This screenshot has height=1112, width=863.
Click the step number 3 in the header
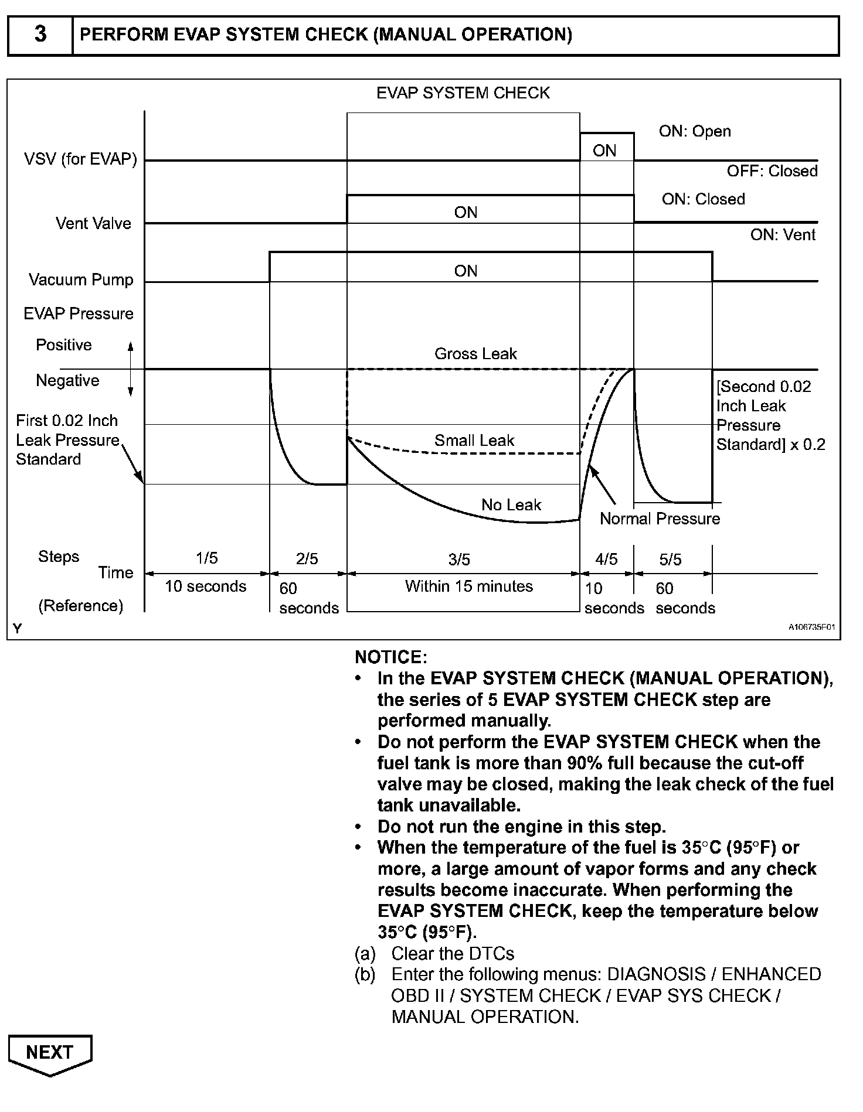pyautogui.click(x=40, y=35)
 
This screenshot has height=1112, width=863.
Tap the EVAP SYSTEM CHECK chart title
pyautogui.click(x=463, y=93)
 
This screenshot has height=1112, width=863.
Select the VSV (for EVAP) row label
pyautogui.click(x=80, y=159)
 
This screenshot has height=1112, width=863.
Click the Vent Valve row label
pyautogui.click(x=93, y=223)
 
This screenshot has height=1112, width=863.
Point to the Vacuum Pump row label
pyautogui.click(x=81, y=279)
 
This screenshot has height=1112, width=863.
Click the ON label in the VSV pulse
pyautogui.click(x=604, y=151)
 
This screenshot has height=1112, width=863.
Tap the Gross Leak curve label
pyautogui.click(x=475, y=354)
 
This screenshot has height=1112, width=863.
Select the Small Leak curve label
pyautogui.click(x=474, y=441)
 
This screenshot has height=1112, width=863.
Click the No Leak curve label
pyautogui.click(x=511, y=505)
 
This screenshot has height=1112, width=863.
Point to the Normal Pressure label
pyautogui.click(x=660, y=519)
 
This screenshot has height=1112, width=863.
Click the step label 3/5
pyautogui.click(x=460, y=560)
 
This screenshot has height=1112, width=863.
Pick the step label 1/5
pyautogui.click(x=206, y=558)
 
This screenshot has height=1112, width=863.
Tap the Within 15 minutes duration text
pyautogui.click(x=468, y=586)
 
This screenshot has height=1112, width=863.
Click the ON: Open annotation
pyautogui.click(x=695, y=131)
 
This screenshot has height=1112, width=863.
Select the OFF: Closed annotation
pyautogui.click(x=772, y=171)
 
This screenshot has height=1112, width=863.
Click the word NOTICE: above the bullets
pyautogui.click(x=391, y=657)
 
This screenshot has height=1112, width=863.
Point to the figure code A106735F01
pyautogui.click(x=811, y=627)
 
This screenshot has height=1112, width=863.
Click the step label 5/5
pyautogui.click(x=670, y=560)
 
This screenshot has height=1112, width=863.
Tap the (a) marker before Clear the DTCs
pyautogui.click(x=365, y=954)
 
